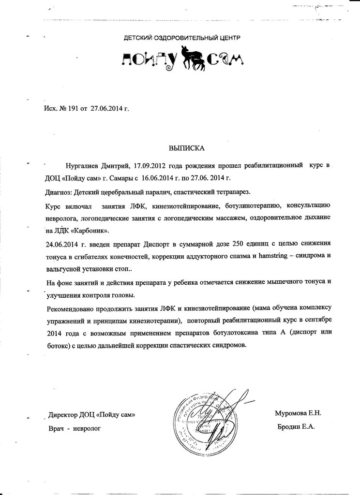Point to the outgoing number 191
[69, 109]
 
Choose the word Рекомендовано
[75, 308]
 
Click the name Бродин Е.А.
[296, 427]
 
